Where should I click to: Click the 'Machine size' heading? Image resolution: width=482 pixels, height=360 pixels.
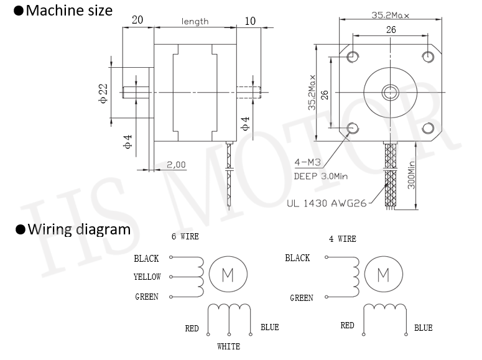69,11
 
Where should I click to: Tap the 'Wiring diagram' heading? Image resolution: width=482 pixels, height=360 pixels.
79,229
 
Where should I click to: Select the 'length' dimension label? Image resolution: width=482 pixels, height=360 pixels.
195,22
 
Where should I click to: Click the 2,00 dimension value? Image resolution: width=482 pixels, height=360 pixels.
176,165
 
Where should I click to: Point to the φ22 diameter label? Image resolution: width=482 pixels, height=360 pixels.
103,93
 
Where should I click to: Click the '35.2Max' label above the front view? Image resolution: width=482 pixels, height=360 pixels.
390,15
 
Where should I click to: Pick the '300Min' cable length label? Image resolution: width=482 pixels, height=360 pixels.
411,175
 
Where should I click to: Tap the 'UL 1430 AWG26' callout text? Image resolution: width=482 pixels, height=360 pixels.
327,203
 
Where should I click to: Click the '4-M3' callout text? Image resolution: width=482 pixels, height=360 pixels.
307,162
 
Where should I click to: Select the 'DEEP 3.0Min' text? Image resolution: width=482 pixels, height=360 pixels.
321,176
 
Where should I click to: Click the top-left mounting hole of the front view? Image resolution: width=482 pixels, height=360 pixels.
353,57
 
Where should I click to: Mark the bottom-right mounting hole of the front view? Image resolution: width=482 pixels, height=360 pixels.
428,128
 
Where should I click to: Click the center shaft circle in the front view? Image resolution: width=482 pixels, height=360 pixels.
391,92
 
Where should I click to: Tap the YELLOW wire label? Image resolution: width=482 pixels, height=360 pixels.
147,277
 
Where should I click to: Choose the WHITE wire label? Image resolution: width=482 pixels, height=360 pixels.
228,346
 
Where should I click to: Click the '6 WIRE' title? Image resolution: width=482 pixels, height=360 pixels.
185,236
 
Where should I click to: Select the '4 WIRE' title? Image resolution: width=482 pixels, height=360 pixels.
343,239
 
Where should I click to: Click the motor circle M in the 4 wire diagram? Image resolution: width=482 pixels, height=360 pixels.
383,274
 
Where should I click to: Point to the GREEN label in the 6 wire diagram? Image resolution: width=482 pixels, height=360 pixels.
147,297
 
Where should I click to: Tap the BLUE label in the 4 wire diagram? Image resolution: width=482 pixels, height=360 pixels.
424,328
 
